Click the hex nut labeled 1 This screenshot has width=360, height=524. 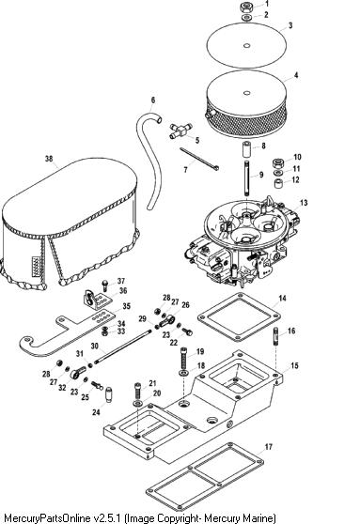click(x=246, y=7)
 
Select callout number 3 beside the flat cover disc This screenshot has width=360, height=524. click(x=290, y=25)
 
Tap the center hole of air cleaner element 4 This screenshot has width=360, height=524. click(x=246, y=93)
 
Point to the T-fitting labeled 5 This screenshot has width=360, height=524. click(x=180, y=131)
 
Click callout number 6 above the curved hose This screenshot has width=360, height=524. click(x=153, y=100)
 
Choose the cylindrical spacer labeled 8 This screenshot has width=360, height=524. click(x=247, y=148)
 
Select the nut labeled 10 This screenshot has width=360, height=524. click(x=278, y=162)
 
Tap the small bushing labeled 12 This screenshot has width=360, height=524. click(x=278, y=183)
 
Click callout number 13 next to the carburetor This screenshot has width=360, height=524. click(x=304, y=203)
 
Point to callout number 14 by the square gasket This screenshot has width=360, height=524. click(x=283, y=298)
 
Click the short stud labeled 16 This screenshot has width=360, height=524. click(x=276, y=335)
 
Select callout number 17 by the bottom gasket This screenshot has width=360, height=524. click(x=269, y=447)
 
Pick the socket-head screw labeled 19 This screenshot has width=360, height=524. click(x=184, y=358)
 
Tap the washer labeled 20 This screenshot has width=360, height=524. click(x=137, y=403)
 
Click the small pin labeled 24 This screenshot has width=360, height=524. click(x=108, y=394)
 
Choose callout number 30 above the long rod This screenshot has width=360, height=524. click(x=95, y=346)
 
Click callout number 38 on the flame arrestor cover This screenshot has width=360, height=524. click(x=49, y=159)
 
